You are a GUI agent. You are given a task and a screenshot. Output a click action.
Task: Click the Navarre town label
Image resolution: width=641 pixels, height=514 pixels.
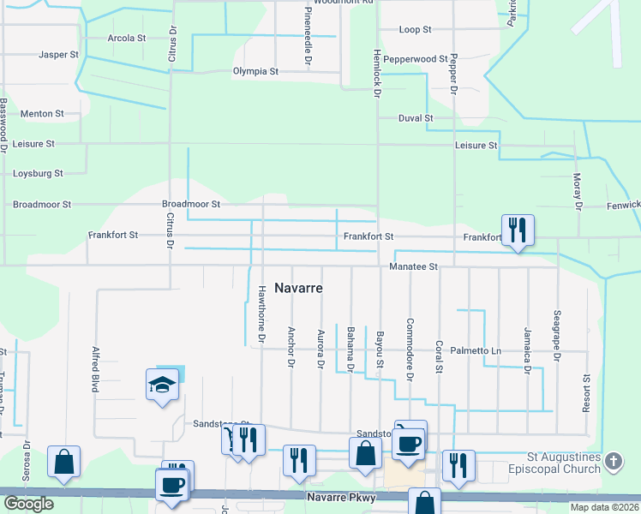[298, 289]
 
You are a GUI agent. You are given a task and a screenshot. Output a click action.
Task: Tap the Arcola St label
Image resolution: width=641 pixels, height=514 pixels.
[127, 39]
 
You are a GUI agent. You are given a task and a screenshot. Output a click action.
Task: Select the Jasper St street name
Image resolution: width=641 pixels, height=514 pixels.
[58, 55]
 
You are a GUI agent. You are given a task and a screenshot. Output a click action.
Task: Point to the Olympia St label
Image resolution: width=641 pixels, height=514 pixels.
[255, 72]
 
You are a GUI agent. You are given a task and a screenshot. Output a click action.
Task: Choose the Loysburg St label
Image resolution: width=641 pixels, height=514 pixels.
[38, 174]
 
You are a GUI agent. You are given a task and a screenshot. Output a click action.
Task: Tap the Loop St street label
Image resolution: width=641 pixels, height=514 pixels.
[415, 30]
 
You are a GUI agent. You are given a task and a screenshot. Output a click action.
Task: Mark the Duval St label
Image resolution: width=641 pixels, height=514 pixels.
[416, 118]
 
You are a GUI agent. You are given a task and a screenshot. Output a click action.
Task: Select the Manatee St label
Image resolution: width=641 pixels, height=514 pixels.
[413, 267]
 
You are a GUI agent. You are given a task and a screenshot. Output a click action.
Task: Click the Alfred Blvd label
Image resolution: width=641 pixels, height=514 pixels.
[95, 369]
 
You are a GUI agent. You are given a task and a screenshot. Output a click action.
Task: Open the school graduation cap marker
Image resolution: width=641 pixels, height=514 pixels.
[162, 387]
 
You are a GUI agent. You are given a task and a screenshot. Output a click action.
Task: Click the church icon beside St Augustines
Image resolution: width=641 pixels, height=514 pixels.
[613, 462]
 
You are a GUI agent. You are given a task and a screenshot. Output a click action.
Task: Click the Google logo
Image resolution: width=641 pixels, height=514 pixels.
[28, 504]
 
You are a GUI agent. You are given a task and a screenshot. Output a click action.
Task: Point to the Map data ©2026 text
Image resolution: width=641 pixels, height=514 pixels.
[604, 507]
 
